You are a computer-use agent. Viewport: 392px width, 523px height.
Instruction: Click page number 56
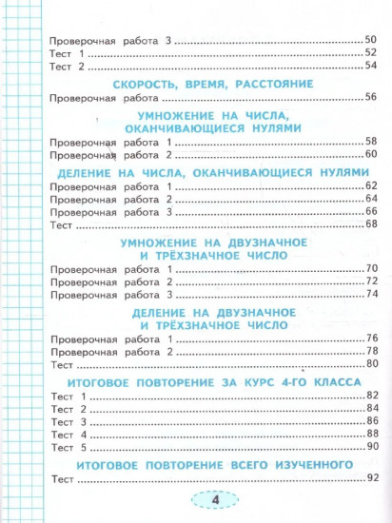point(371,99)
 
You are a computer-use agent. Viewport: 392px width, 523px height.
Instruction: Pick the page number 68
point(371,225)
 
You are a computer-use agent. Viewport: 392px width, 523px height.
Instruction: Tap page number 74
point(371,297)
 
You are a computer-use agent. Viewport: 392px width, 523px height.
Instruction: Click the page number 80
point(371,365)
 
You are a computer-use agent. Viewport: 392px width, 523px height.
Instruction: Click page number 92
point(371,478)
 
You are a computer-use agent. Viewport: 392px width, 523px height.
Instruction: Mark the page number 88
point(371,435)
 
